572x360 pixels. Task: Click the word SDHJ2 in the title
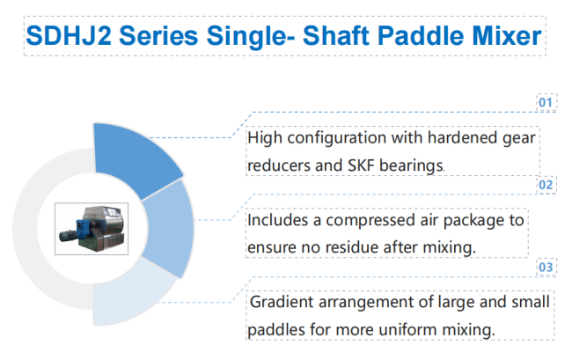click(x=69, y=36)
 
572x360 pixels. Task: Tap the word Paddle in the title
click(x=421, y=36)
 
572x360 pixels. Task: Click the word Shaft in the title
click(x=336, y=36)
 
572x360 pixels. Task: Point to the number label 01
click(x=546, y=102)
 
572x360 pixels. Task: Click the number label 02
click(x=546, y=185)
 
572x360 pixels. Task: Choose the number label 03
click(x=546, y=268)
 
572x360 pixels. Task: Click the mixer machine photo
click(x=92, y=229)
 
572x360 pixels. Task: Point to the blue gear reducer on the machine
click(x=82, y=229)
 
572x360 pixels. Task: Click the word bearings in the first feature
click(x=411, y=166)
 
